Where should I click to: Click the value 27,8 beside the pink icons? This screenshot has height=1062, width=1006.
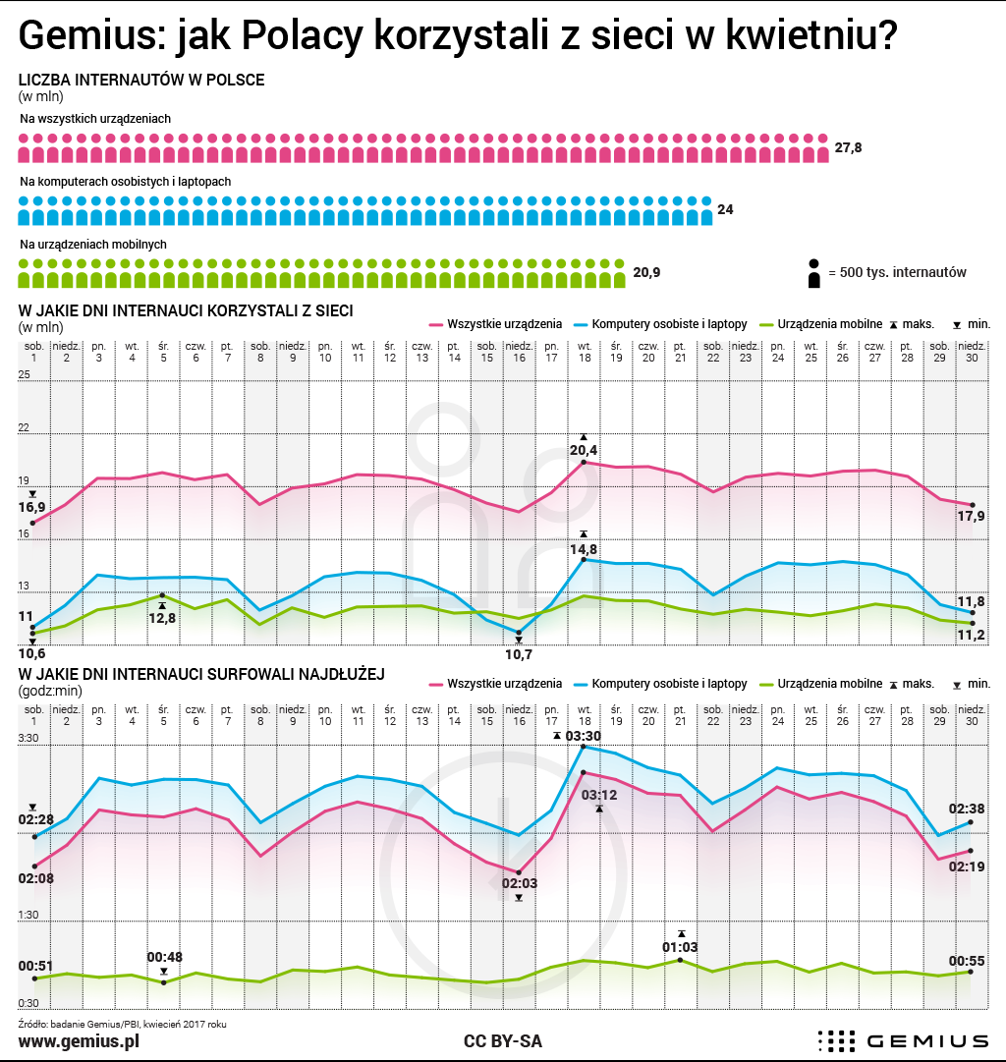[848, 147]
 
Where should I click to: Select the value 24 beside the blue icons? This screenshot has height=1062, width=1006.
[725, 210]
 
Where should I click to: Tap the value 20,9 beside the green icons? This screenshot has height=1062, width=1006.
[646, 272]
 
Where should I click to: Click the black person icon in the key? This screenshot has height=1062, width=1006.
[814, 273]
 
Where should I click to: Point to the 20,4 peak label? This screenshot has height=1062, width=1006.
[584, 450]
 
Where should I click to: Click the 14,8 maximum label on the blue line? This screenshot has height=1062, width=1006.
[584, 549]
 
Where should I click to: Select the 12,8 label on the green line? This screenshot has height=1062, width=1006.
[162, 618]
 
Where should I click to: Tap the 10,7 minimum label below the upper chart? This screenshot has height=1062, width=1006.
[519, 654]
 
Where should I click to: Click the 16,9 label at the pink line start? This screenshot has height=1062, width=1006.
[31, 507]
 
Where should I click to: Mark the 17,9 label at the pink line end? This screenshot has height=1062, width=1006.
[971, 516]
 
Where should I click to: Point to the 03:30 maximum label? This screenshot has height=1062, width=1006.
[583, 736]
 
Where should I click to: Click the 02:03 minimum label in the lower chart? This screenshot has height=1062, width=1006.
[519, 883]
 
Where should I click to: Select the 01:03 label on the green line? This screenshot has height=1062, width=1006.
[680, 947]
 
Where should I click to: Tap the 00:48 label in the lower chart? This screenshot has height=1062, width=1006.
[165, 957]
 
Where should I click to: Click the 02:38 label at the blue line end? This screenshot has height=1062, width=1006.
[967, 809]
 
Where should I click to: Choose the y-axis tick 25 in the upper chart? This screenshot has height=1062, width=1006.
[24, 374]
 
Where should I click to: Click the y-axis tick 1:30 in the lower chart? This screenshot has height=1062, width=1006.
[28, 915]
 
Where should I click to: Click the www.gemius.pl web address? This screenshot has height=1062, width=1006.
[79, 1041]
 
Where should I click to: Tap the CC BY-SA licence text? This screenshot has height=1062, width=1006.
[503, 1041]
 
